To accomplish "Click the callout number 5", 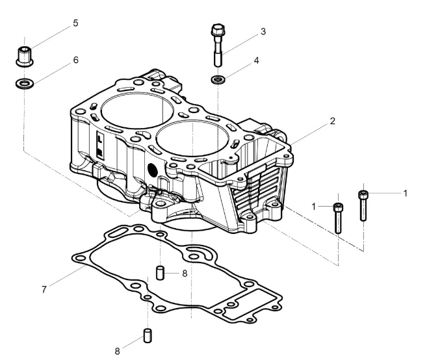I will (75, 23).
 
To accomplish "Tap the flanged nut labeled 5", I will (25, 55).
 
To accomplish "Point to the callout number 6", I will (75, 60).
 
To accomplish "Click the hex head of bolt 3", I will (217, 31).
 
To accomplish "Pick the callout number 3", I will (263, 31).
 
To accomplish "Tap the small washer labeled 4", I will (218, 80).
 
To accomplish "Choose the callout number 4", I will (256, 60).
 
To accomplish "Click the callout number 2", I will (332, 122).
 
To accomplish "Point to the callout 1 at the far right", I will (405, 193).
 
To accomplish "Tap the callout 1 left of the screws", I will (313, 206).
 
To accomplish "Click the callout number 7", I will (44, 289).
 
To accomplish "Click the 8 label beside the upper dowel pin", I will (185, 273).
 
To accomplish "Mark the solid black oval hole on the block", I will (153, 168).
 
